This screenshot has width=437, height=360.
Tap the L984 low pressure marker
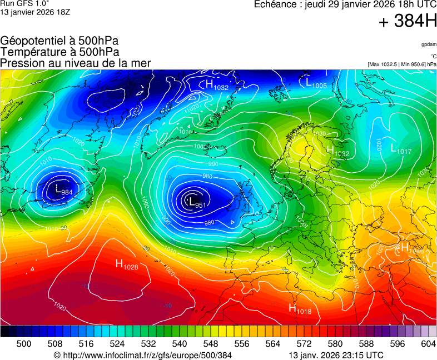pyautogui.click(x=63, y=190)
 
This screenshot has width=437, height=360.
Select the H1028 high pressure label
pyautogui.click(x=127, y=264)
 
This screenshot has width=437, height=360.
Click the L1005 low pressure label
pyautogui.click(x=316, y=83)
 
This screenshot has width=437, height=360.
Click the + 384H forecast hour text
pyautogui.click(x=408, y=22)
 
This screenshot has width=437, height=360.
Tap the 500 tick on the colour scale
pyautogui.click(x=24, y=344)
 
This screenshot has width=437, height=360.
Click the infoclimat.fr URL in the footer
pyautogui.click(x=147, y=355)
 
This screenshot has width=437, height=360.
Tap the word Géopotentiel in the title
pyautogui.click(x=32, y=41)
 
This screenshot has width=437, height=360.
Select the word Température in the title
pyautogui.click(x=32, y=52)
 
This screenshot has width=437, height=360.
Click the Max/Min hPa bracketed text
pyautogui.click(x=402, y=64)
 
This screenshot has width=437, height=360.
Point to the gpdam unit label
pyautogui.click(x=429, y=44)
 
